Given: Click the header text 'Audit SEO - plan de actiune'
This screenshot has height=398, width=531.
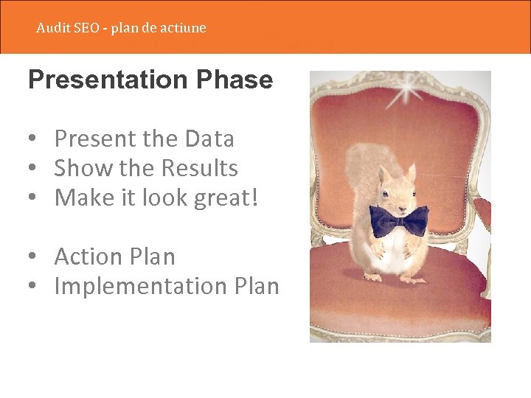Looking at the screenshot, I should (x=121, y=28).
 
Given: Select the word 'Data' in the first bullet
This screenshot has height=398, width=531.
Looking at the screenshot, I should (x=209, y=139).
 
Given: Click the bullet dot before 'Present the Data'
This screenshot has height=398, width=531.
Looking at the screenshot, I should (x=35, y=139).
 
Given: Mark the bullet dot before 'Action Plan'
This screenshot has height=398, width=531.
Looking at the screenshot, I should (x=35, y=257).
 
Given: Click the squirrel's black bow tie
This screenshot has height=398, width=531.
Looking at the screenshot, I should (x=398, y=220).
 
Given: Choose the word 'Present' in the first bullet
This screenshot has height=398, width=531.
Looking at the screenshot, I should (x=94, y=139).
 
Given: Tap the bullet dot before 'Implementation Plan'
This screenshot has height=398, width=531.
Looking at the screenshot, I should (x=35, y=287).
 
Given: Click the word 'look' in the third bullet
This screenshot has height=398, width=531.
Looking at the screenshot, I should (x=169, y=198).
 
